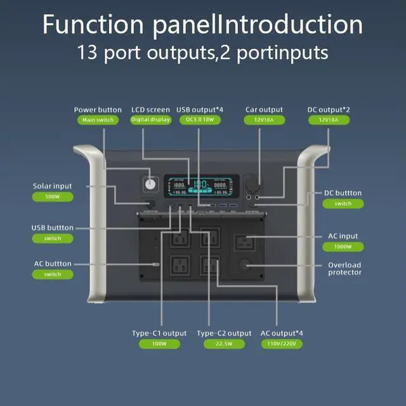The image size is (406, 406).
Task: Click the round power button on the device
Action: [x=151, y=184]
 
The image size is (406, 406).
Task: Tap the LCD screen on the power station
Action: [x=202, y=185]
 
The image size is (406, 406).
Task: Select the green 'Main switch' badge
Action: [x=98, y=120]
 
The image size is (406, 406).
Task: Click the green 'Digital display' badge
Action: [x=151, y=120]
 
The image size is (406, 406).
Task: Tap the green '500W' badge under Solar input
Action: [x=53, y=197]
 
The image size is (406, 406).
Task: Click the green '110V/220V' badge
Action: [x=282, y=344]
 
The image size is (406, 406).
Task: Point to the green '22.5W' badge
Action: [x=224, y=344]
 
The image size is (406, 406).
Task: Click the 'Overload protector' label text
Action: [x=344, y=268]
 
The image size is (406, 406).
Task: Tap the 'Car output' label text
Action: [x=264, y=110]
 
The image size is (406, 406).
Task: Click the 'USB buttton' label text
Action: [x=52, y=228]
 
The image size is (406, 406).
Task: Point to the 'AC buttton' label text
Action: [x=53, y=264]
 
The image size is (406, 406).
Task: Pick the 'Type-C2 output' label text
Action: [x=224, y=333]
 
